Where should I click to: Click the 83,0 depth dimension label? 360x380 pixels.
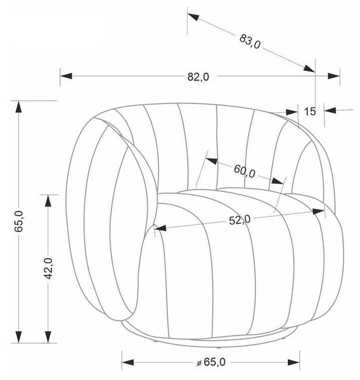tap(250, 42)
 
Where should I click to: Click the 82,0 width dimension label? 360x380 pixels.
tap(198, 77)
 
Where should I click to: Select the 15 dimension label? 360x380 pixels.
tap(310, 111)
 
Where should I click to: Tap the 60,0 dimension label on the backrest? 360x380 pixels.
tap(245, 172)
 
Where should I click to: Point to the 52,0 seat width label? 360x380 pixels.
tap(240, 220)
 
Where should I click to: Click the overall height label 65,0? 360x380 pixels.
tap(19, 222)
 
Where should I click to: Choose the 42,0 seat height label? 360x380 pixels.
tap(49, 269)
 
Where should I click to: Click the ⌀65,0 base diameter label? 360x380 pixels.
tap(211, 362)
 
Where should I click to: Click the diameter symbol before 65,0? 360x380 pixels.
tap(199, 363)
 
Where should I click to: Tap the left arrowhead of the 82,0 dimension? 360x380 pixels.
tap(66, 76)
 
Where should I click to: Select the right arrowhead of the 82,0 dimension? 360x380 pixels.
tap(333, 76)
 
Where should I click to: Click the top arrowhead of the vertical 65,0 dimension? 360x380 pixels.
tap(18, 107)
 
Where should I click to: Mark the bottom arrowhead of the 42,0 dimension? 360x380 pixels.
tap(49, 337)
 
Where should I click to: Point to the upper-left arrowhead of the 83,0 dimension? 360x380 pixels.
tap(193, 17)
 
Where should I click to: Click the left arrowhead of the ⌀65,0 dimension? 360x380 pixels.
tap(128, 362)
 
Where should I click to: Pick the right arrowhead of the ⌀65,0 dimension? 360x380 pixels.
tap(293, 362)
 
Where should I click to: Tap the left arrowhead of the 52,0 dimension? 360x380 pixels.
tap(160, 228)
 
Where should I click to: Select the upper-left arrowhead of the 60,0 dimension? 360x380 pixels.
tap(212, 161)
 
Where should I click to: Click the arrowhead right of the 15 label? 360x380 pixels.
tap(330, 110)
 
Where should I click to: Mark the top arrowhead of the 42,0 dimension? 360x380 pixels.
tap(49, 201)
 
